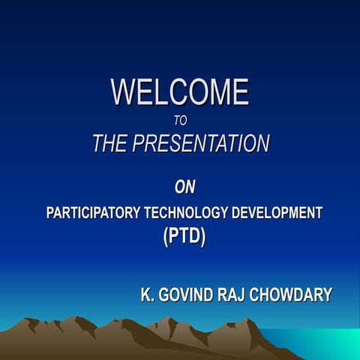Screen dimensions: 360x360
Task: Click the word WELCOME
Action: [180, 92]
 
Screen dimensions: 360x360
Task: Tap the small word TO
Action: [179, 118]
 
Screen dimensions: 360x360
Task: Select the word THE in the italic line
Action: [110, 144]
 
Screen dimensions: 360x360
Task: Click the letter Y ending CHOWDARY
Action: [326, 295]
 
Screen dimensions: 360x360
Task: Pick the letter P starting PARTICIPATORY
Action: [51, 213]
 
